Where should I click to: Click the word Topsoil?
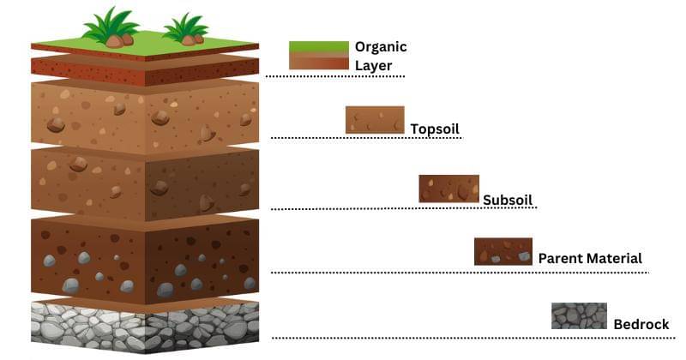(435, 129)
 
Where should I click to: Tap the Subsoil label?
(508, 200)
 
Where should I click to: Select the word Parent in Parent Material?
(561, 258)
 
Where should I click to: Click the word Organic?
(381, 47)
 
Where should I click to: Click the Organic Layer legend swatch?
(318, 55)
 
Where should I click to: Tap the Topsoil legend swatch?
(375, 120)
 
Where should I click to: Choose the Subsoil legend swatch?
(448, 189)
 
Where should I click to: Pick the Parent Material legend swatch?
(503, 251)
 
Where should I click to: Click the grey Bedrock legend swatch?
(579, 315)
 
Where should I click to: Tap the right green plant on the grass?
(185, 30)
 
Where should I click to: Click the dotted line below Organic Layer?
(334, 76)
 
